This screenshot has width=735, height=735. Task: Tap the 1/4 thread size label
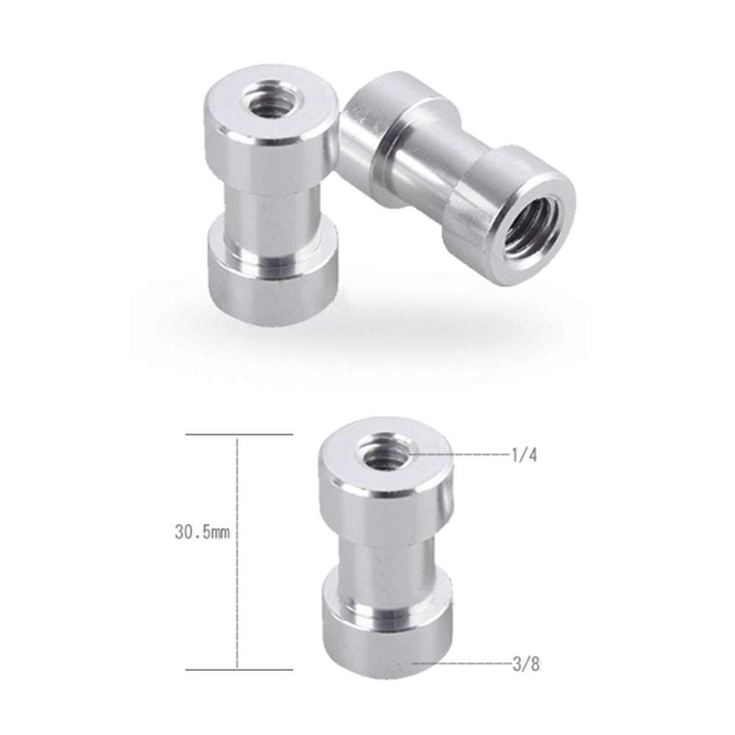point(524,456)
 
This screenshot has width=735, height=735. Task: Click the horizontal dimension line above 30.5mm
point(239,434)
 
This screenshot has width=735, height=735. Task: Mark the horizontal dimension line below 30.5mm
point(239,669)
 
